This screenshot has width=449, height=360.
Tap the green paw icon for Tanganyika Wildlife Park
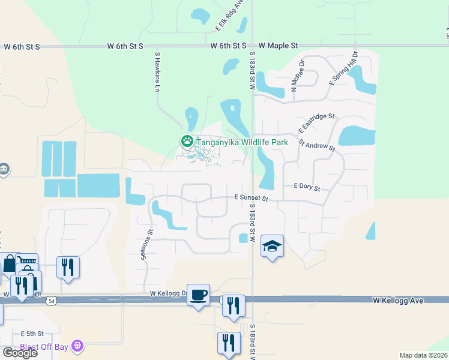(187, 142)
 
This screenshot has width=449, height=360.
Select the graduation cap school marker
(272, 246)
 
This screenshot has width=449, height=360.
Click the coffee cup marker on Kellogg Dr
(198, 295)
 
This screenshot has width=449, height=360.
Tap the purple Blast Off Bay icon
(77, 346)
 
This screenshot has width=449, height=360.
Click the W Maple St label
(279, 45)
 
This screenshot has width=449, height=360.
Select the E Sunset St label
(250, 198)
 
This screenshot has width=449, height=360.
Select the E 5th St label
(32, 333)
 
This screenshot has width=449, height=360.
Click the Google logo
(20, 353)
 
